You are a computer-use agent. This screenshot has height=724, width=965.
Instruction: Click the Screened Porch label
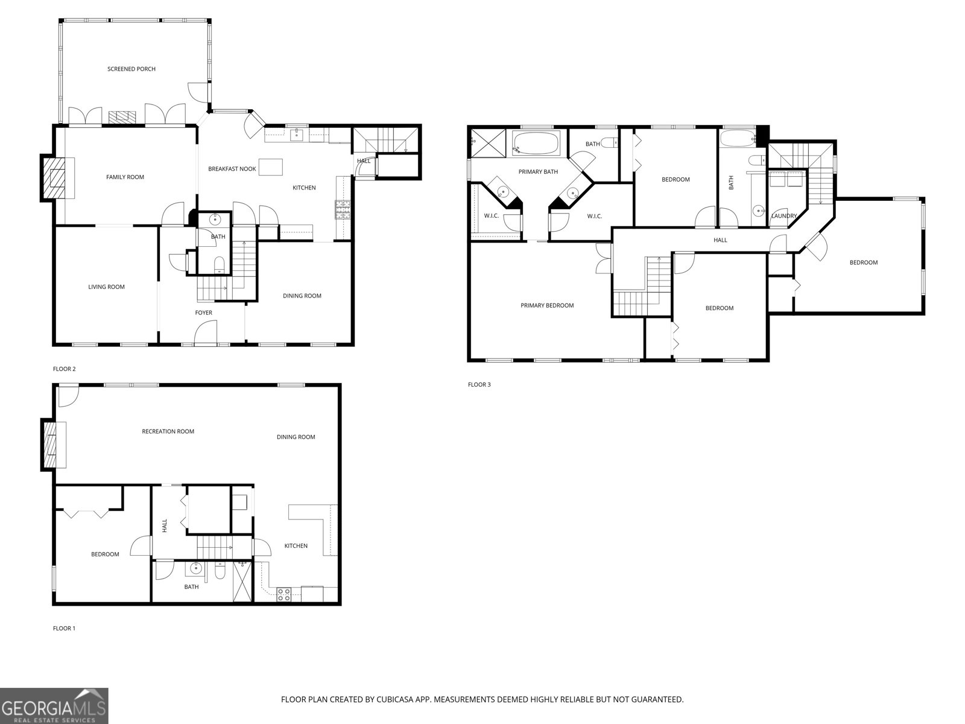(131, 69)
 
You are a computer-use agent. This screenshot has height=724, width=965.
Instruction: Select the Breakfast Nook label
(232, 169)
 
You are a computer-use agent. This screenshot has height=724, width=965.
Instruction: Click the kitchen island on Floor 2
(270, 167)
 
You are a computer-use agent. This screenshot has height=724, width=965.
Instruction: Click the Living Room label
(106, 287)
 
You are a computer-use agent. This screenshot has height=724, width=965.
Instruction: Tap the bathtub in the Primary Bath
(535, 144)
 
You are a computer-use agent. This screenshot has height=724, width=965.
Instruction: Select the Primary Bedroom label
(547, 305)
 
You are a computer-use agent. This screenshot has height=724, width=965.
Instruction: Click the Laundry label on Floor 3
(784, 215)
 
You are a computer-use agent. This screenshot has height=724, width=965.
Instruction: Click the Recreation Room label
(168, 431)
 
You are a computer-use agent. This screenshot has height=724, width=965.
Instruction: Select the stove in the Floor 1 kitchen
(283, 594)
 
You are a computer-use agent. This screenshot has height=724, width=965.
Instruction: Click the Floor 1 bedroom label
(105, 554)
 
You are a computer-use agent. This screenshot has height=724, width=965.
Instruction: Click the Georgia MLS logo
(54, 705)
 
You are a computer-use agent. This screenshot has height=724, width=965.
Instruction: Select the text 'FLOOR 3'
(479, 384)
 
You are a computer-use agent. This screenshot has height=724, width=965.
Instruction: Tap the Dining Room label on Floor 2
(302, 296)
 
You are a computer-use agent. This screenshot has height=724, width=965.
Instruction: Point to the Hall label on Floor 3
(720, 240)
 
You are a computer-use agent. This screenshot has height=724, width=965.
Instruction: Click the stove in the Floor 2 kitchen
(343, 209)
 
